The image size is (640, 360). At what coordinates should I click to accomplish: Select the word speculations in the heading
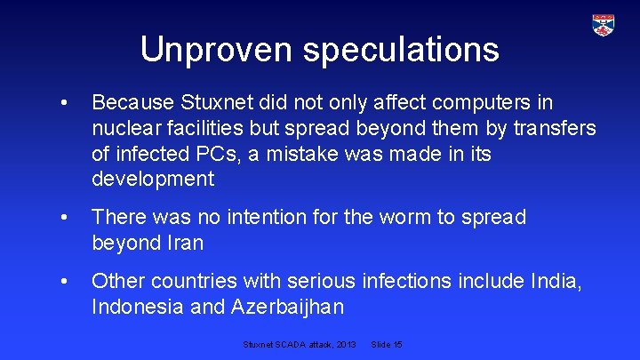[x=401, y=51]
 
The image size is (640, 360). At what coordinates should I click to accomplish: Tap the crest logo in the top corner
[x=604, y=26]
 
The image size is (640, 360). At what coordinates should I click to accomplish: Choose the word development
[x=153, y=179]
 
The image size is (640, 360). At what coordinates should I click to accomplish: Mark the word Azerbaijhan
[x=290, y=308]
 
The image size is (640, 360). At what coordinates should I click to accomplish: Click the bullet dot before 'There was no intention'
[x=63, y=218]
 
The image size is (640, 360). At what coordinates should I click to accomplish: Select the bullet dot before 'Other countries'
[x=63, y=283]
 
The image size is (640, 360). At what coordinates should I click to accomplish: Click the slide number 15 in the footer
[x=397, y=343]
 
